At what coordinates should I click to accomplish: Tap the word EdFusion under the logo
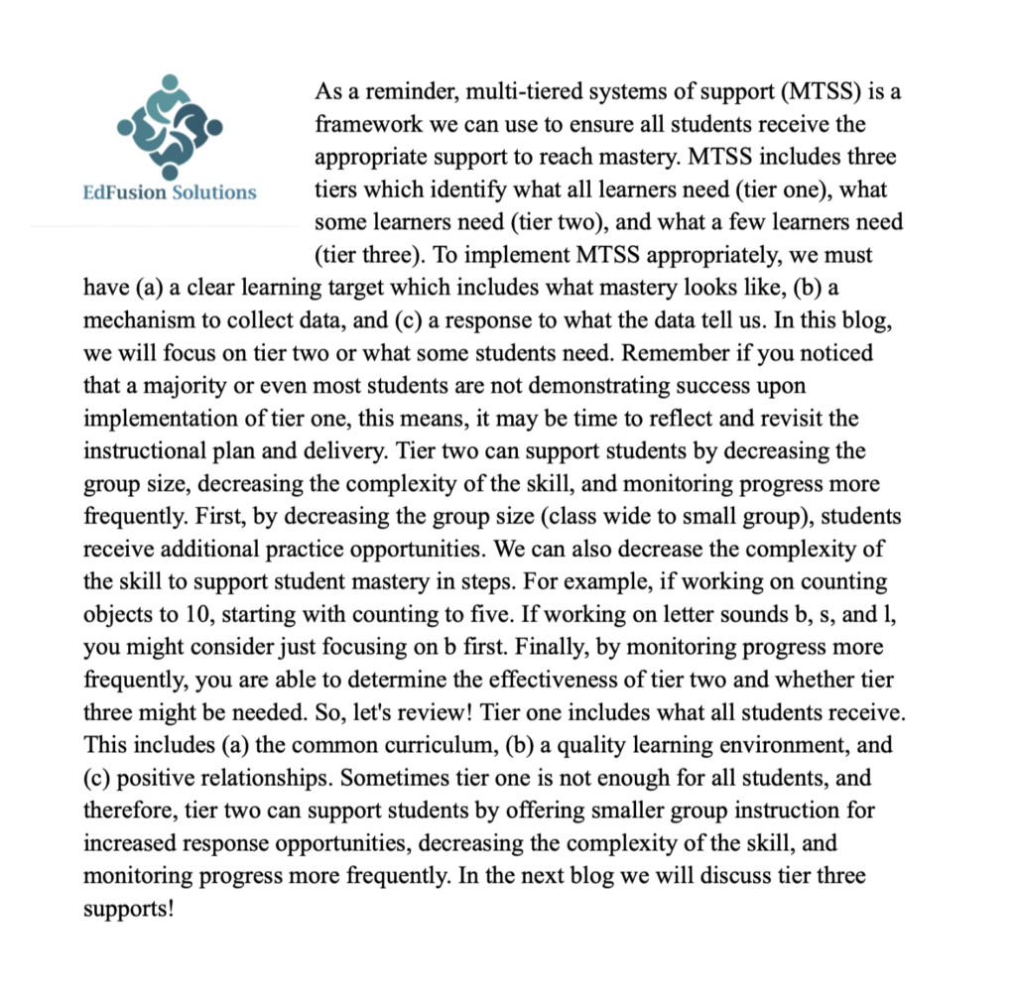coord(125,192)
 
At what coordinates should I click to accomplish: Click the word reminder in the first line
coord(392,93)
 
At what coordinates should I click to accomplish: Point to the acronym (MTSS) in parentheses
coord(824,93)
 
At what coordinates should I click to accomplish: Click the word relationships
coord(248,778)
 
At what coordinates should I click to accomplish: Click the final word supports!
coord(130,908)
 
